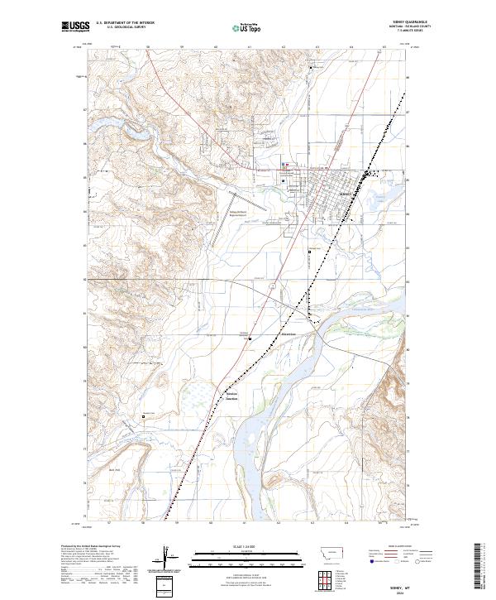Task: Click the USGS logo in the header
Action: tap(75, 26)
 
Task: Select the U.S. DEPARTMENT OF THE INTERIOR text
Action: tap(125, 23)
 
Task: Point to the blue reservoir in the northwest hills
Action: tap(132, 131)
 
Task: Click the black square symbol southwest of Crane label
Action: tap(251, 338)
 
